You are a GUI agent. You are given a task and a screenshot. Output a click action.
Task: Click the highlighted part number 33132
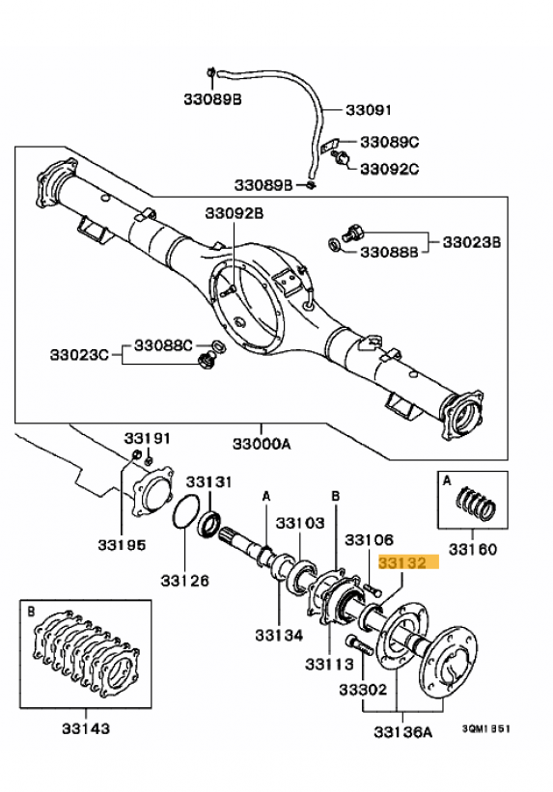pyautogui.click(x=402, y=562)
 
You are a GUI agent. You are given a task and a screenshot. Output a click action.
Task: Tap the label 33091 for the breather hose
pyautogui.click(x=369, y=110)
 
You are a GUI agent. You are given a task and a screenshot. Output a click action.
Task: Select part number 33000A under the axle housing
pyautogui.click(x=262, y=444)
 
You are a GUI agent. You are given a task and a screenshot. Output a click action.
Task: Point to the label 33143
pyautogui.click(x=86, y=728)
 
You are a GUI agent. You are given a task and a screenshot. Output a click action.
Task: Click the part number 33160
pyautogui.click(x=473, y=549)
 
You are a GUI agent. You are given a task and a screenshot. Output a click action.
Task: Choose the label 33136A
pyautogui.click(x=402, y=731)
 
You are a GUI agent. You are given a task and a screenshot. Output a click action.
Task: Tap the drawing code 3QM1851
pyautogui.click(x=485, y=728)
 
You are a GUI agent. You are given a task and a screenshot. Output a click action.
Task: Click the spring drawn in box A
pyautogui.click(x=476, y=505)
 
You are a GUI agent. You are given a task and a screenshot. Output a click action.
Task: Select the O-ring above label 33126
pyautogui.click(x=185, y=512)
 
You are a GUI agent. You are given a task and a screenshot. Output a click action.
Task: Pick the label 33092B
pyautogui.click(x=235, y=213)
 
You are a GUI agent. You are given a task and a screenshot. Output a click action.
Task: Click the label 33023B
pyautogui.click(x=472, y=242)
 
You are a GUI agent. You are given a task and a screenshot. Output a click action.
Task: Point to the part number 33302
pyautogui.click(x=363, y=689)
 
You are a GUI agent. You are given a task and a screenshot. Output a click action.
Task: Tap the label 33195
pyautogui.click(x=122, y=545)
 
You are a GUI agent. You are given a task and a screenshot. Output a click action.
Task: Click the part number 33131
pyautogui.click(x=208, y=482)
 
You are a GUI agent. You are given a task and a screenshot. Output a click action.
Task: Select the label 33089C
pyautogui.click(x=390, y=142)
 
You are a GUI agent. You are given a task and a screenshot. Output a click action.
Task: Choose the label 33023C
pyautogui.click(x=79, y=355)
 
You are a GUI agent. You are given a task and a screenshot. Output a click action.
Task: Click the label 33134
pyautogui.click(x=279, y=635)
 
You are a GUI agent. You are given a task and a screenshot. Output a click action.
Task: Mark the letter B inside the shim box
pyautogui.click(x=31, y=613)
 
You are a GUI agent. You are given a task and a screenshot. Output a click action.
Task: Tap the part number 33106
pyautogui.click(x=369, y=540)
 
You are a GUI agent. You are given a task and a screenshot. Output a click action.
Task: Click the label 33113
pyautogui.click(x=329, y=664)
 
